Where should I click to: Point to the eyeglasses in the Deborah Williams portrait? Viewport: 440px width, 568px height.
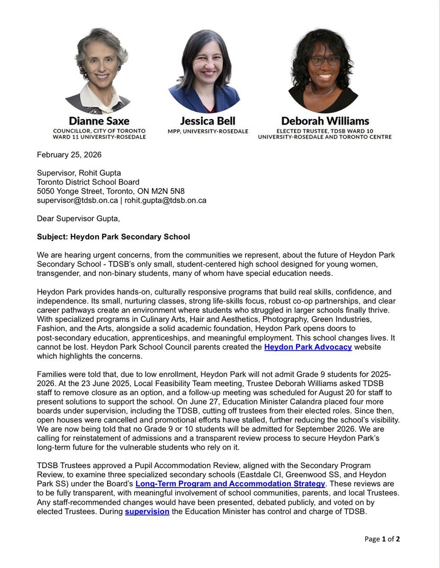coord(324,61)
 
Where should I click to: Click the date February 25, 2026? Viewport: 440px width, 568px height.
coord(67,155)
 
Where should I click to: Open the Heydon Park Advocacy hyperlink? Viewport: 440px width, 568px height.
coord(308,347)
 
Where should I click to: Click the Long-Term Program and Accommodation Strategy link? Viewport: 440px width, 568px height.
coord(230,483)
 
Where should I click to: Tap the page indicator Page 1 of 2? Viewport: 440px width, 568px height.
coord(382,539)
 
